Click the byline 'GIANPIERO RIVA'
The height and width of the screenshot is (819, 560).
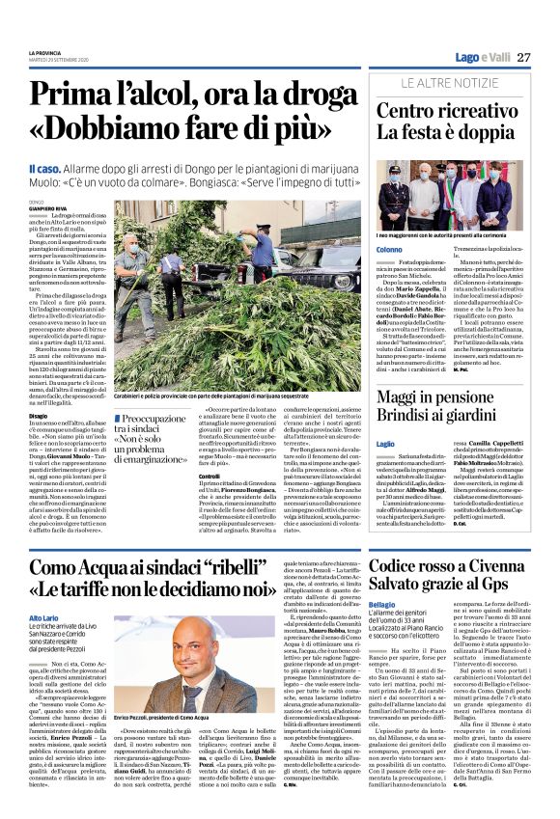(x=50, y=207)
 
